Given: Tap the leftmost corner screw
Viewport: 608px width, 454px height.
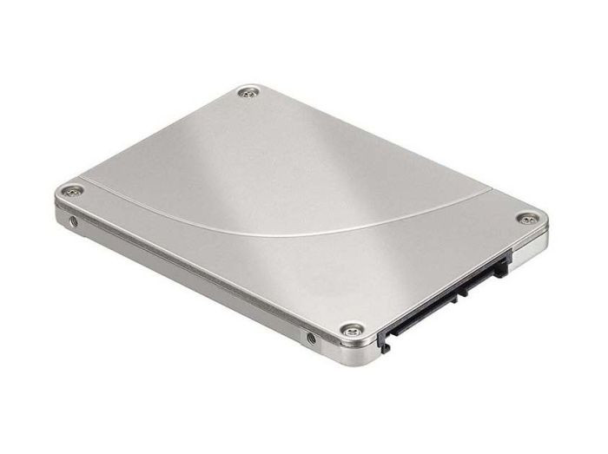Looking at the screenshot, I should coord(67,191).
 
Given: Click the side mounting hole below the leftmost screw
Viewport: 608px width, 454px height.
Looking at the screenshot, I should coord(74,222).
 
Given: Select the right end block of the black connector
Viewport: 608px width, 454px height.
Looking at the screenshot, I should coord(502,262).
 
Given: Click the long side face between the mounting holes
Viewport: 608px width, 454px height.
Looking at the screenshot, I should coord(191,274).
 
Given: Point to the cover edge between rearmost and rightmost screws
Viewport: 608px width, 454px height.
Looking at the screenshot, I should coord(391,153).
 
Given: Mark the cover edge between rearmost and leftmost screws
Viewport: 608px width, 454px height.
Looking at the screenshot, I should coord(156,139).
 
